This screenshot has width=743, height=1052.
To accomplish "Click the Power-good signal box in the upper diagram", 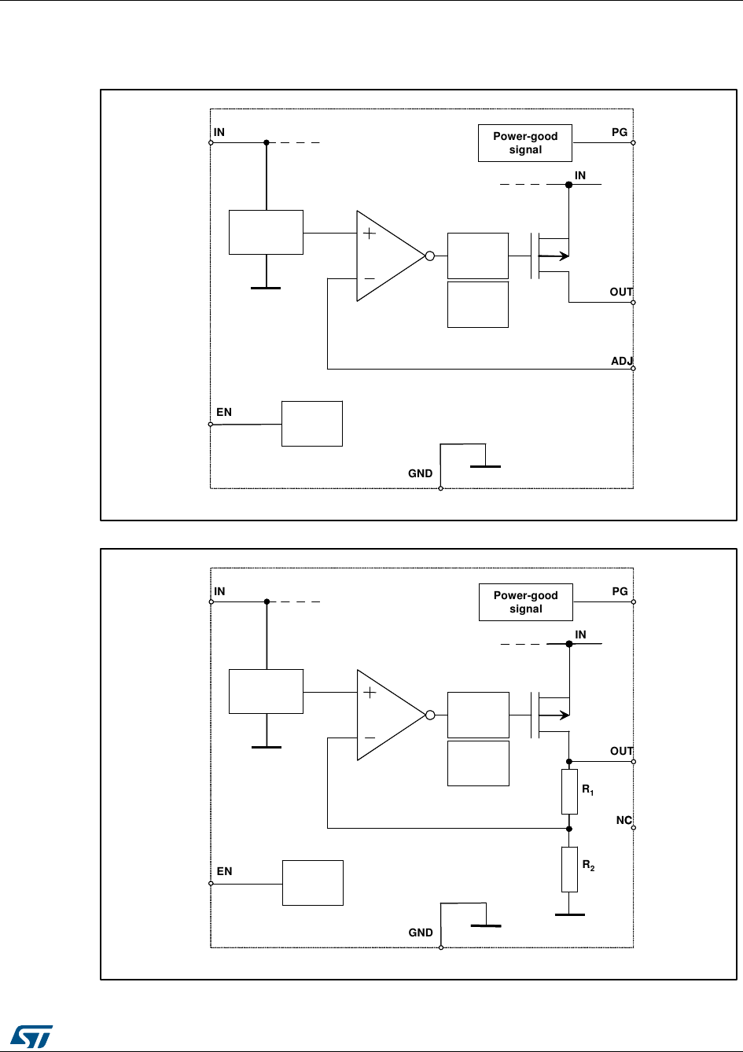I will pyautogui.click(x=525, y=143).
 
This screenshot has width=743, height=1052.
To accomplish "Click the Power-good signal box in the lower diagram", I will pyautogui.click(x=525, y=602).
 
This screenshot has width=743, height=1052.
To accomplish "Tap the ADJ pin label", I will pyautogui.click(x=622, y=361).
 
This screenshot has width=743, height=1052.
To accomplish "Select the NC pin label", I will pyautogui.click(x=623, y=820).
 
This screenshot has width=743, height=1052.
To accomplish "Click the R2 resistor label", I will pyautogui.click(x=588, y=865).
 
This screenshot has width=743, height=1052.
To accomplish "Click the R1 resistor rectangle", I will pyautogui.click(x=569, y=792).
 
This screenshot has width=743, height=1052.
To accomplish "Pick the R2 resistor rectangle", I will pyautogui.click(x=569, y=870).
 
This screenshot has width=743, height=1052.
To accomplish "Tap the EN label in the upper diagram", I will pyautogui.click(x=224, y=412).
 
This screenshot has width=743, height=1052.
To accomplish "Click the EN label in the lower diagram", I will pyautogui.click(x=224, y=871).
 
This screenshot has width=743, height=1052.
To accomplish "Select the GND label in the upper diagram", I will pyautogui.click(x=420, y=473).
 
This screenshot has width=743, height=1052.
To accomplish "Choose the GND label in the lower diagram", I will pyautogui.click(x=421, y=932).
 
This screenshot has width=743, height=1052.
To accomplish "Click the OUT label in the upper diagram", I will pyautogui.click(x=621, y=292).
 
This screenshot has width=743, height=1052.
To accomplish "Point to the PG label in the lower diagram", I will pyautogui.click(x=620, y=591).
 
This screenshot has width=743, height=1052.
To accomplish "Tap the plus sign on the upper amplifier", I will pyautogui.click(x=369, y=233).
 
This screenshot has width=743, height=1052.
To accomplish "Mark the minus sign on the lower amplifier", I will pyautogui.click(x=369, y=738).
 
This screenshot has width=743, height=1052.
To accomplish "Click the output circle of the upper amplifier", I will pyautogui.click(x=430, y=256).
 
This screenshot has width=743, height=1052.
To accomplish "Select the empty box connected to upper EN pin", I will pyautogui.click(x=312, y=424).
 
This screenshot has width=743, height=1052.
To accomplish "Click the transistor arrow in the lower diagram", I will pyautogui.click(x=561, y=715).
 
